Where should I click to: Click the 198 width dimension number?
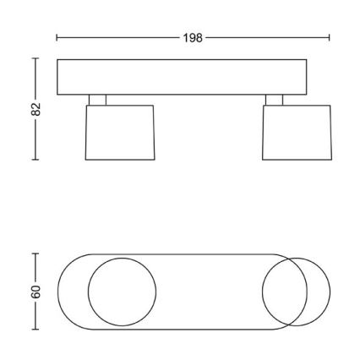pos(193,38)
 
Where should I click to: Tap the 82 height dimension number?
pos(35,108)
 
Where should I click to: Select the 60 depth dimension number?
pos(35,289)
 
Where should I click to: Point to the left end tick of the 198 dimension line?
pos(57,38)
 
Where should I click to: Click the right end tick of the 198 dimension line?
pos(330,38)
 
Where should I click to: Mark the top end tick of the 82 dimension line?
pos(35,58)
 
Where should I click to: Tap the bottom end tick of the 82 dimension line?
pos(35,159)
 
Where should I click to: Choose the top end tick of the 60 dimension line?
pos(35,253)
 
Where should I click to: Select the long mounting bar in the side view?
pos(182,76)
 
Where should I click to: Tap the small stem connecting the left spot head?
pos(98,100)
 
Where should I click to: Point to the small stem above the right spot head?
pos(275,100)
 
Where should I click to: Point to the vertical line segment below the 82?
pos(35,139)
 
